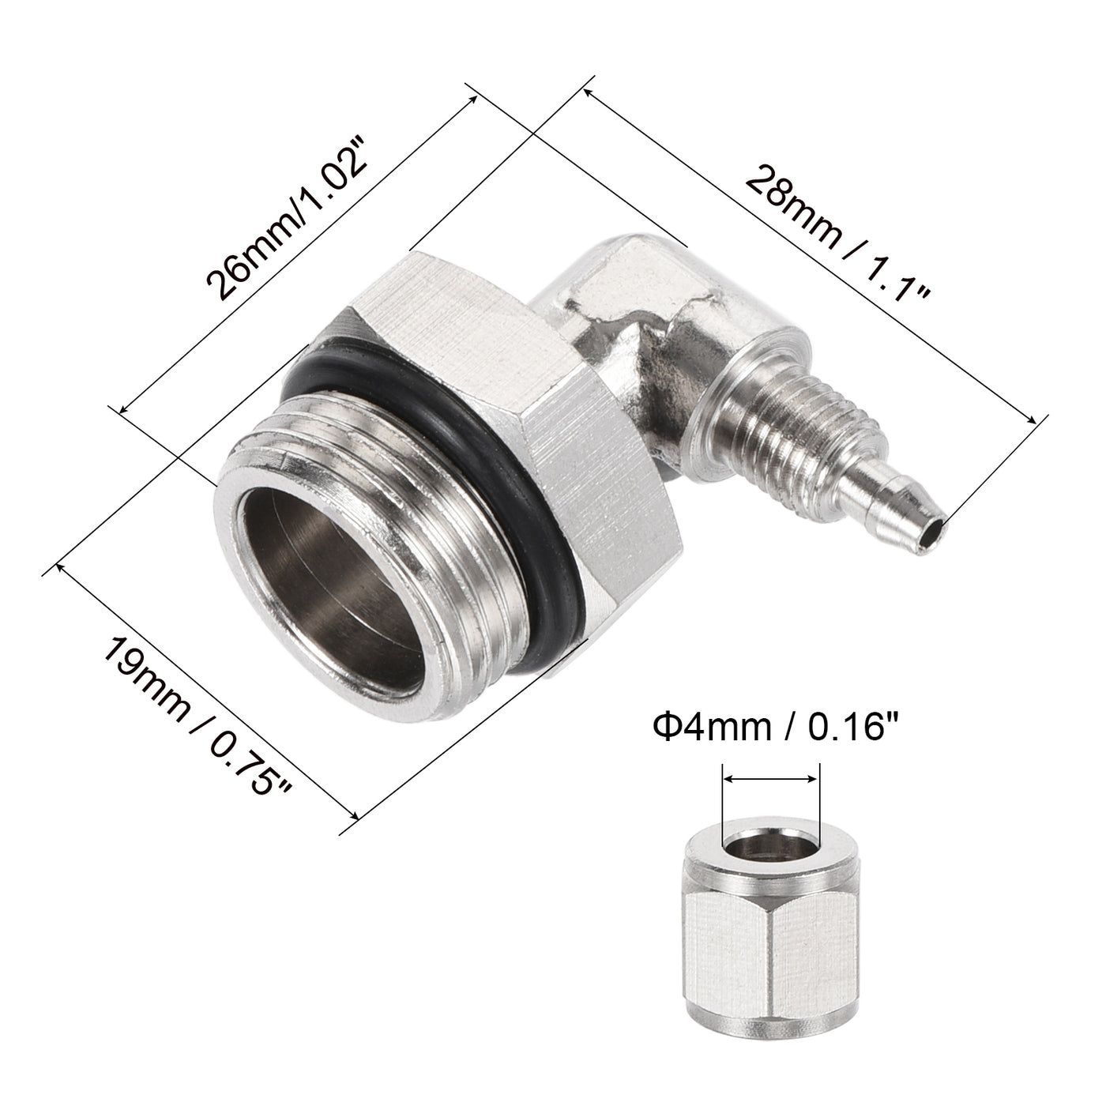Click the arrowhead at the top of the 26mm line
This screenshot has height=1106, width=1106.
pos(474,100)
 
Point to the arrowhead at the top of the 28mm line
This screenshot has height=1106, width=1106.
pos(589,92)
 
